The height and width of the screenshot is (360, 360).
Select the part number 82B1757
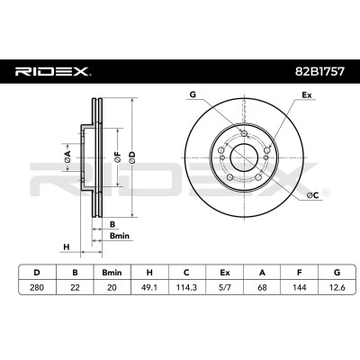coord(319,72)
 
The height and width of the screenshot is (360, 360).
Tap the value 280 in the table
coord(37,287)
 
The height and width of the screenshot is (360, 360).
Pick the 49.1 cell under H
coord(149,287)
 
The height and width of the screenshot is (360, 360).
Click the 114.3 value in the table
coord(187,287)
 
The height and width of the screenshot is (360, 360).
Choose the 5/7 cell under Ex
coord(224,287)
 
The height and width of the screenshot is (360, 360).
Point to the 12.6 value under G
coord(337,287)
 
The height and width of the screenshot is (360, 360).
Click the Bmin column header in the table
coord(112,273)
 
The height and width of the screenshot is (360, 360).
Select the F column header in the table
coord(300,273)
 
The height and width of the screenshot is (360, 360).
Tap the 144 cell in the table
coord(300,287)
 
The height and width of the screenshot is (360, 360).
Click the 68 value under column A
coord(262,287)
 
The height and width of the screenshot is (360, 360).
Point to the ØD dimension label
coord(132,157)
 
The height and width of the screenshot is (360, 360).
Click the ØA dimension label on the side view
coord(67,157)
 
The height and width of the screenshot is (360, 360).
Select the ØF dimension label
coord(118,157)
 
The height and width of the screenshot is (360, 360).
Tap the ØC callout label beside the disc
coord(312,195)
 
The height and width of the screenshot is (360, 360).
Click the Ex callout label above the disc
coord(307,95)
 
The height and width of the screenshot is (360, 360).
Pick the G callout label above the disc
coord(193,94)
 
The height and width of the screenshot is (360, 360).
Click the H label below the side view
coord(67,247)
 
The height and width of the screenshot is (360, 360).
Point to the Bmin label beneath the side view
coord(120,236)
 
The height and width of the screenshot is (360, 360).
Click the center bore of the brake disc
coord(243,157)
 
